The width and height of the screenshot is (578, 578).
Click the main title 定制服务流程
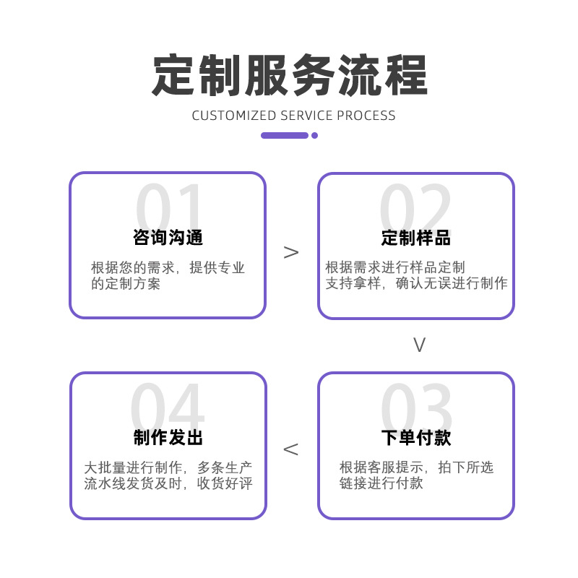[x=289, y=75]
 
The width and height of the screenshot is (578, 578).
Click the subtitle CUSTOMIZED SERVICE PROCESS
[x=293, y=116]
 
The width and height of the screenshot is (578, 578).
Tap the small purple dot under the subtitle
[x=314, y=135]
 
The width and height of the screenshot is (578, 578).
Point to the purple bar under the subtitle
[x=285, y=135]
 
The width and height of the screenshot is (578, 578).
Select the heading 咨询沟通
[x=168, y=238]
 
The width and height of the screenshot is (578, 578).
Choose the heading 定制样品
[x=416, y=238]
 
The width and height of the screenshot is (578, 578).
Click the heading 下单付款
[x=416, y=438]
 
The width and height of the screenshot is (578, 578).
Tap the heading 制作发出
[x=168, y=438]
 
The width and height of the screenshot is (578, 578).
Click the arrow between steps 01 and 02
[x=291, y=252]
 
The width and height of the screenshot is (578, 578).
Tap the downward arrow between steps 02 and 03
[x=419, y=345]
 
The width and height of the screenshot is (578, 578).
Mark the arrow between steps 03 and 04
[x=290, y=449]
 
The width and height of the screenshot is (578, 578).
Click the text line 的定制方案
[x=126, y=284]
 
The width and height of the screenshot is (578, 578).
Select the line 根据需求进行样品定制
[x=395, y=268]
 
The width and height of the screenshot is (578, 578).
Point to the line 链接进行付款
[x=381, y=483]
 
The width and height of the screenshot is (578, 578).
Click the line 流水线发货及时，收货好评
[x=168, y=483]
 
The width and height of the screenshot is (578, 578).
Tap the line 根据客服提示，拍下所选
[x=416, y=467]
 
